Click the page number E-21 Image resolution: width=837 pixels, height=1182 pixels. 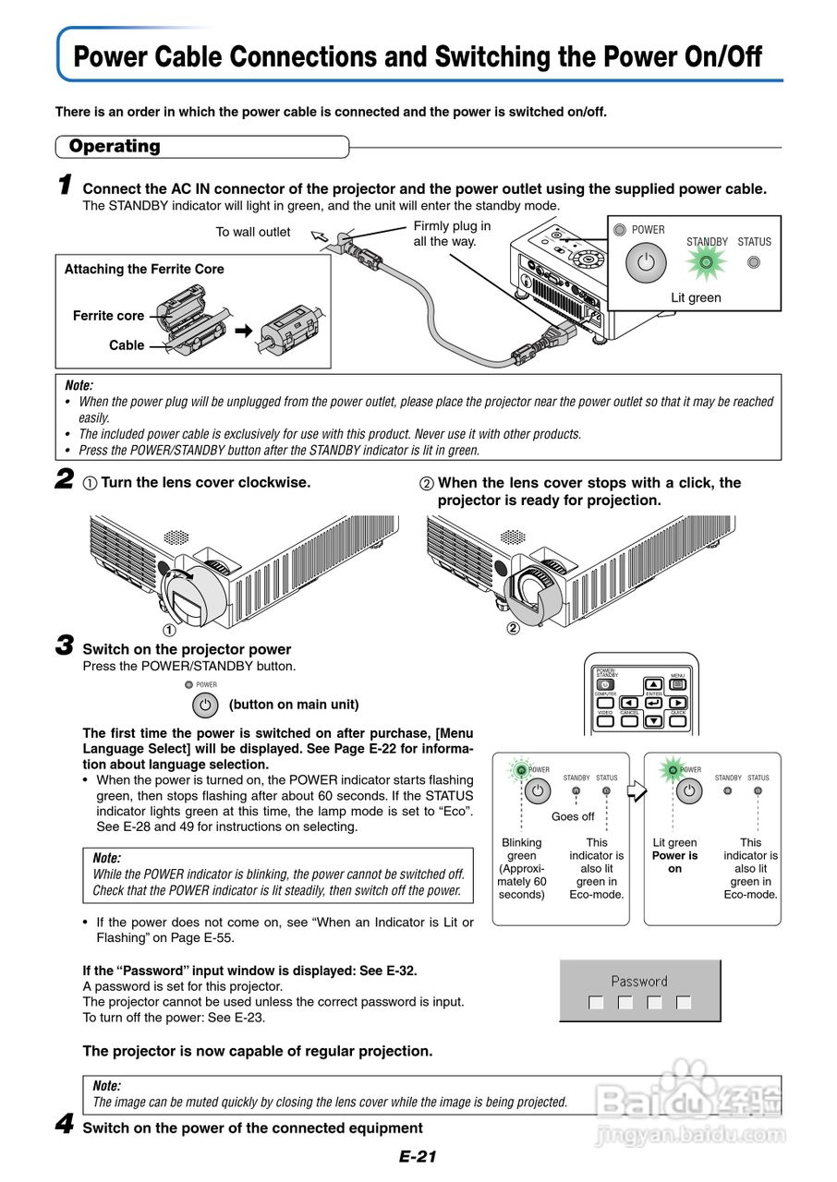tap(418, 1157)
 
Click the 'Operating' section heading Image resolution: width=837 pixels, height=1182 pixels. tap(115, 146)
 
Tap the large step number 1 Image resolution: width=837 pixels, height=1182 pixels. tap(65, 186)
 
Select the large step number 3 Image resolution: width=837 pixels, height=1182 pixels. tap(65, 646)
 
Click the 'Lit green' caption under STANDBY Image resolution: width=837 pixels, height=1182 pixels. tap(696, 297)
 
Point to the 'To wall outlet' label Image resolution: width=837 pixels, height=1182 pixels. tap(253, 232)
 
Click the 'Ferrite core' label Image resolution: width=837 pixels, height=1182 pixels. tap(108, 316)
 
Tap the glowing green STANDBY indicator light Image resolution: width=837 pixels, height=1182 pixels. tap(706, 262)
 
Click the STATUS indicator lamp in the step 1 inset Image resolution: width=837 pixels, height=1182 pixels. tap(754, 262)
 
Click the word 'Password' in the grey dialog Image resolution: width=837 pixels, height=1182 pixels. tap(639, 982)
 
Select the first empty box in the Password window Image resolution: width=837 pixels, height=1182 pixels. tap(596, 1003)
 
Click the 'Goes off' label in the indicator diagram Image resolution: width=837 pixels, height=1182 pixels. tap(573, 816)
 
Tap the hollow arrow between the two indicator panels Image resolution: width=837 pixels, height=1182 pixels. tap(636, 790)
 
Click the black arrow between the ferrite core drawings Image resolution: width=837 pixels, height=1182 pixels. tap(243, 329)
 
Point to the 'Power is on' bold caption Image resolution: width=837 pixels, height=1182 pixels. tap(674, 862)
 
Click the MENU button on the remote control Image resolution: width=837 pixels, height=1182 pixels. tap(678, 685)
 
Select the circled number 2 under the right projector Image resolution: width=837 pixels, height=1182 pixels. tap(514, 630)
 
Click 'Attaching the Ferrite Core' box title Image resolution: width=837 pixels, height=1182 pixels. tap(144, 270)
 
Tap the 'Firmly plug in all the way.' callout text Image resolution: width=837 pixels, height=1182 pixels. tap(452, 234)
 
